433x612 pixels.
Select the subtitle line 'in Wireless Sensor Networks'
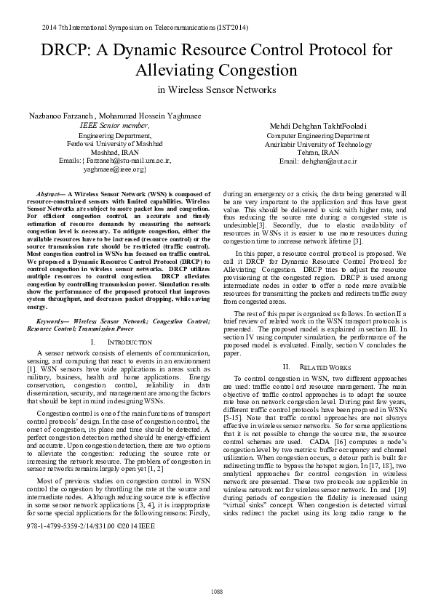(x=216, y=90)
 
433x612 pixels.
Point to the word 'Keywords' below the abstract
(x=52, y=321)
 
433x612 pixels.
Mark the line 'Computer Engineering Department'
(x=318, y=135)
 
